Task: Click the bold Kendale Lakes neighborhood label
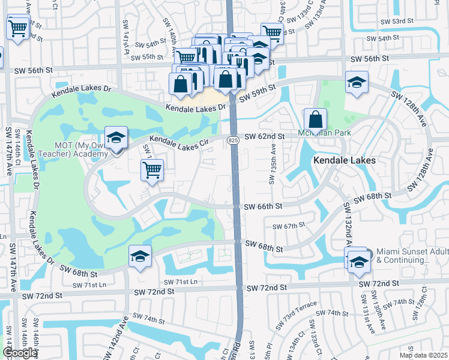click(344, 161)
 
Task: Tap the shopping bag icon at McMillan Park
click(315, 119)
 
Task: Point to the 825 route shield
click(233, 140)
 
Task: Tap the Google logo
click(20, 352)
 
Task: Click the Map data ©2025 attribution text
click(423, 355)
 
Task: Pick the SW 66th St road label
click(264, 206)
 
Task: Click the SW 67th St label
click(289, 226)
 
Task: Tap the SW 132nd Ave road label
click(346, 224)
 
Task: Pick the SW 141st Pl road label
click(127, 44)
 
